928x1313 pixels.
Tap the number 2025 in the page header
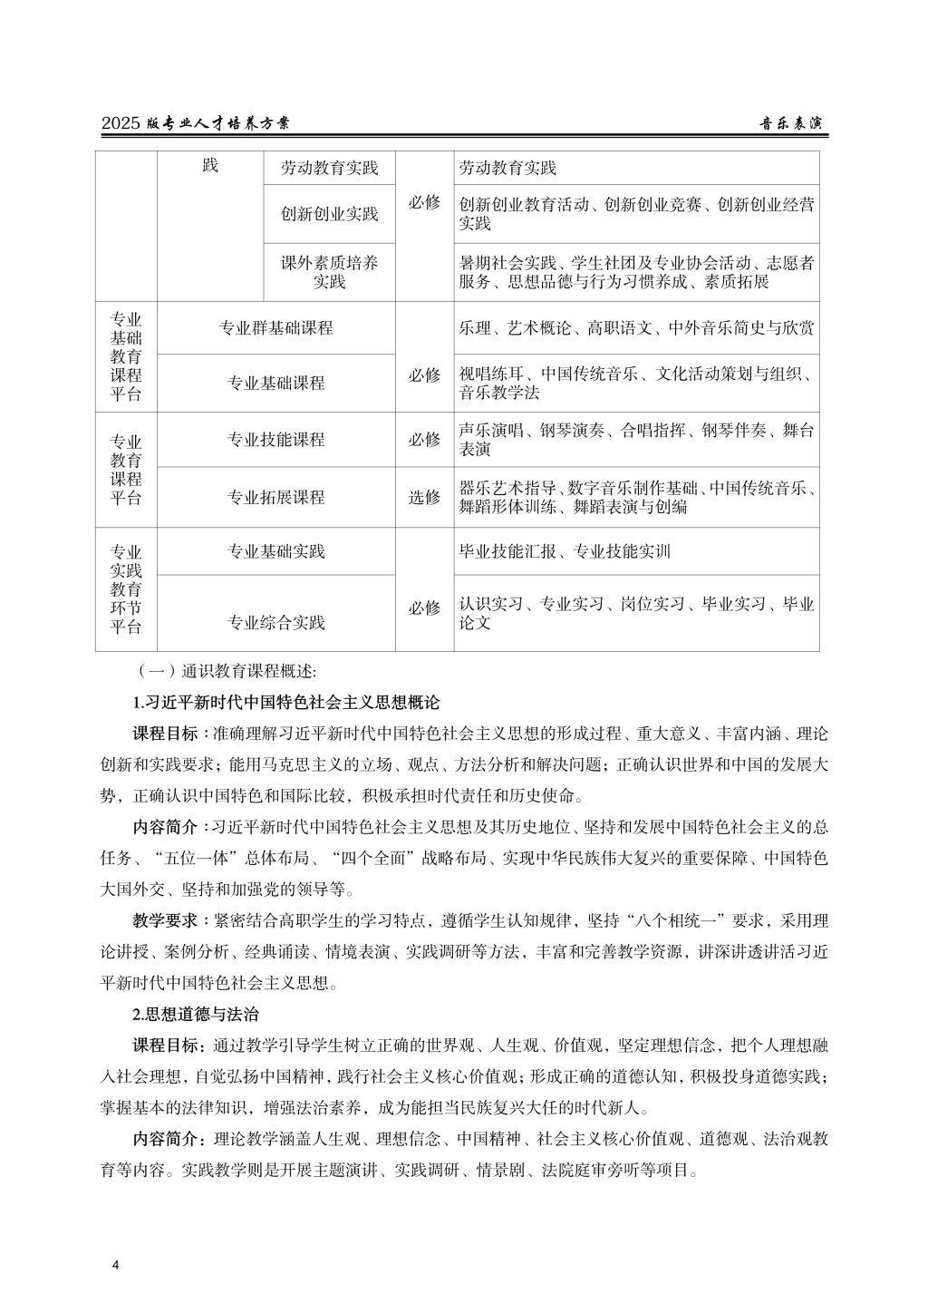click(x=121, y=124)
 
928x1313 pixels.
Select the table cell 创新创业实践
click(x=330, y=214)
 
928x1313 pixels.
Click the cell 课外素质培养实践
click(x=330, y=272)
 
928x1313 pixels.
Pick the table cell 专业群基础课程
click(x=276, y=327)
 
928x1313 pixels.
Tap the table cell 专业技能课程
click(x=276, y=440)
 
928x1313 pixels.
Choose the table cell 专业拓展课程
click(x=276, y=497)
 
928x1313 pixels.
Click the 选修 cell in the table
click(x=424, y=497)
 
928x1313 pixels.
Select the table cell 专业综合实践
click(x=276, y=622)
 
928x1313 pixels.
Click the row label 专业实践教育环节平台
click(x=126, y=589)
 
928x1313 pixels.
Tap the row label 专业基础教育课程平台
click(x=126, y=356)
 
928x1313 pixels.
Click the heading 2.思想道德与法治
click(x=196, y=1014)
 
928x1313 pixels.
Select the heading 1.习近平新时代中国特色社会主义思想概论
click(x=286, y=702)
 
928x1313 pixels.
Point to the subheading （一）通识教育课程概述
click(x=226, y=672)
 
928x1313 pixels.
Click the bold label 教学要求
click(x=165, y=921)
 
